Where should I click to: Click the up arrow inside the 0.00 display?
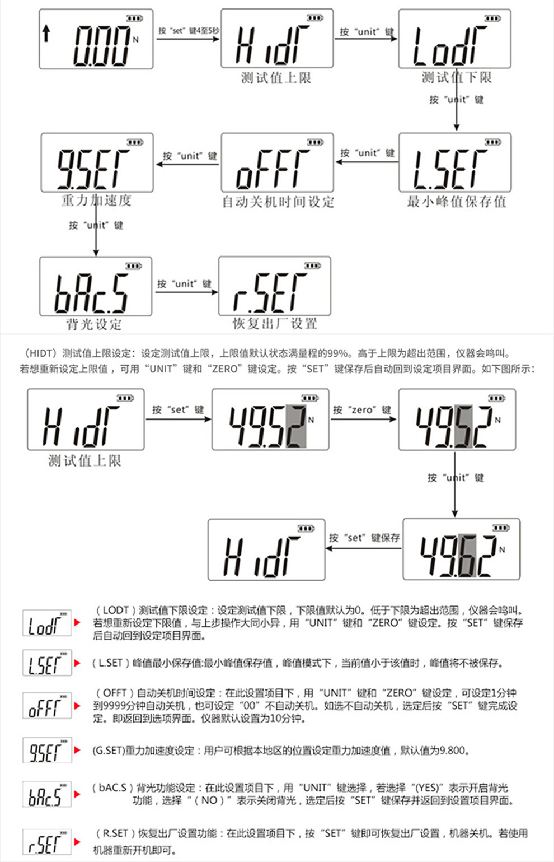coord(46,34)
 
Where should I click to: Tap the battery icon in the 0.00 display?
coord(134,18)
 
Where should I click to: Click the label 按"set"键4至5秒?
coord(188,31)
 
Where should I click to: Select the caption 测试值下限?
coord(457,78)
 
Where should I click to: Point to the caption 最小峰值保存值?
coord(457,202)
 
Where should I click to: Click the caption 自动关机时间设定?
coord(278,202)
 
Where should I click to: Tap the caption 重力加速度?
coord(96,201)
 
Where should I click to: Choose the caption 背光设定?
coord(94,324)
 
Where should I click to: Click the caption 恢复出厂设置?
coord(275,324)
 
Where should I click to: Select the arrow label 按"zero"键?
coord(363,410)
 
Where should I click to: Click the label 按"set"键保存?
coord(364,538)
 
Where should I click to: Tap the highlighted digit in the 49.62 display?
coord(467,555)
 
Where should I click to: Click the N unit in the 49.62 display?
coord(502,549)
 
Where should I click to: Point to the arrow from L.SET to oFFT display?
coord(367,162)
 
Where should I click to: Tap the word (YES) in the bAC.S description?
coord(428,788)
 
